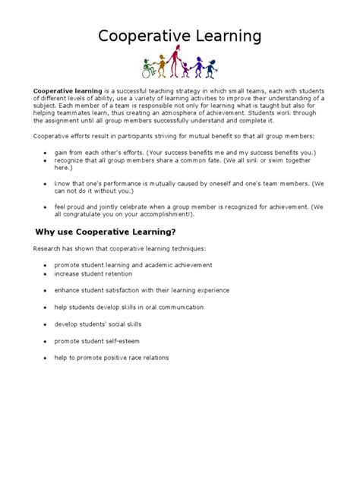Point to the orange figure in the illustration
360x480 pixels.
point(163,64)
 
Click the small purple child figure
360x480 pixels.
point(185,70)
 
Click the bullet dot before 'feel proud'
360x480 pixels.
point(46,206)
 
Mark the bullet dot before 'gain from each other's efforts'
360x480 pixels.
point(46,152)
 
